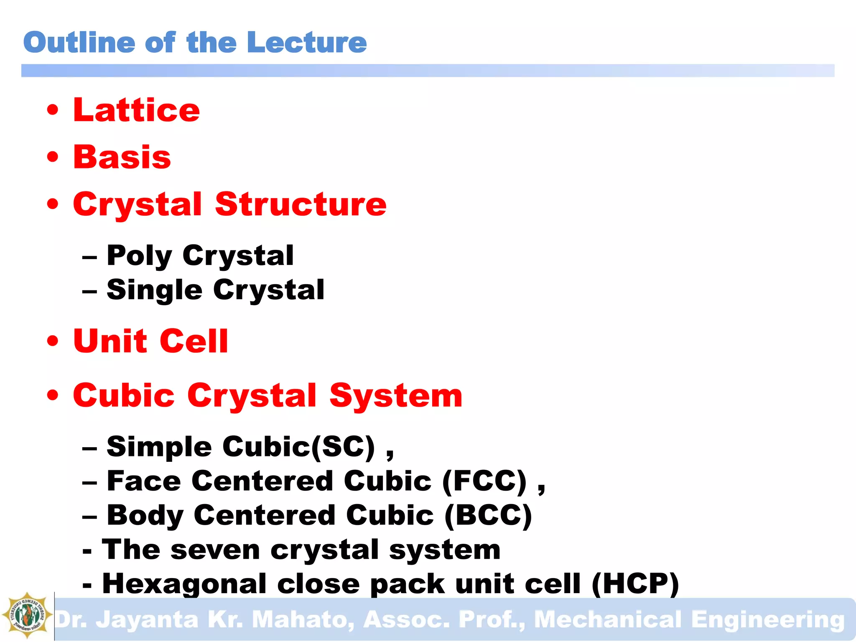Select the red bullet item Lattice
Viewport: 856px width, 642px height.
[x=136, y=110]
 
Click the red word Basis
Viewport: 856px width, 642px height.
[x=122, y=157]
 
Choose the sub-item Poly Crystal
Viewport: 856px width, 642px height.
[x=200, y=255]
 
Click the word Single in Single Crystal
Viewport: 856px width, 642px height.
[x=155, y=290]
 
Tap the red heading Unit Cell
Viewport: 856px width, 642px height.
[x=150, y=341]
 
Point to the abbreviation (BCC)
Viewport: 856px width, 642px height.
[x=488, y=515]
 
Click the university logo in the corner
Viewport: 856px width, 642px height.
[x=27, y=615]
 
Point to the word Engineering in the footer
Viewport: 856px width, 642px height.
[x=767, y=619]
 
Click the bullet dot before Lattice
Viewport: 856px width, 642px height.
[x=53, y=110]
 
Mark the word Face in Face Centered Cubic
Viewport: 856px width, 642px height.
[x=144, y=481]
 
